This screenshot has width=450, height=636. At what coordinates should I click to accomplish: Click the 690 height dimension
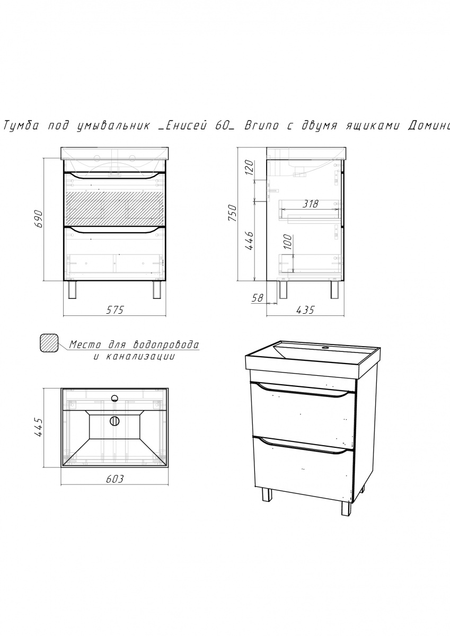(39, 219)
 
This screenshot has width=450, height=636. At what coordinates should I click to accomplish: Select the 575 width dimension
(115, 310)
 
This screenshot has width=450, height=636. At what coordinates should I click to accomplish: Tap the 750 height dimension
(232, 214)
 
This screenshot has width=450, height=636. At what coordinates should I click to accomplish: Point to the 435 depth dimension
(305, 310)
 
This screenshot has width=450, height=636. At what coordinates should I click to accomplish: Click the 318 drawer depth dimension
(310, 204)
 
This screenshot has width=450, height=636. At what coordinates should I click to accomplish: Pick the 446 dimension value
(249, 241)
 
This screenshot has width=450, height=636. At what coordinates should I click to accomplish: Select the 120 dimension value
(249, 168)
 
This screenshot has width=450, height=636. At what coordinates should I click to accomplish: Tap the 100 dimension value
(288, 242)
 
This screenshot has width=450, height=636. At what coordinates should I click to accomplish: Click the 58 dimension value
(258, 297)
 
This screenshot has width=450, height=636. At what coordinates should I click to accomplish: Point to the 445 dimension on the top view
(39, 427)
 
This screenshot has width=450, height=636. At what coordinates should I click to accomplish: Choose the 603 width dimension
(115, 479)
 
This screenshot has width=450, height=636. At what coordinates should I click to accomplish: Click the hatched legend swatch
(49, 343)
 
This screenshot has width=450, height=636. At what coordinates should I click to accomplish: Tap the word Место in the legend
(85, 345)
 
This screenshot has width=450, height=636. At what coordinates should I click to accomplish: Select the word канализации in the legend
(140, 357)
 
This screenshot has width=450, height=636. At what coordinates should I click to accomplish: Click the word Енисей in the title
(182, 126)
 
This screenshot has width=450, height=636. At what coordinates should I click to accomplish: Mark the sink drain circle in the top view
(114, 421)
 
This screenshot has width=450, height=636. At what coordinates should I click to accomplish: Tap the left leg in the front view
(73, 289)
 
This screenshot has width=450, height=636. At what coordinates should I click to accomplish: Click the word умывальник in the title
(114, 126)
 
